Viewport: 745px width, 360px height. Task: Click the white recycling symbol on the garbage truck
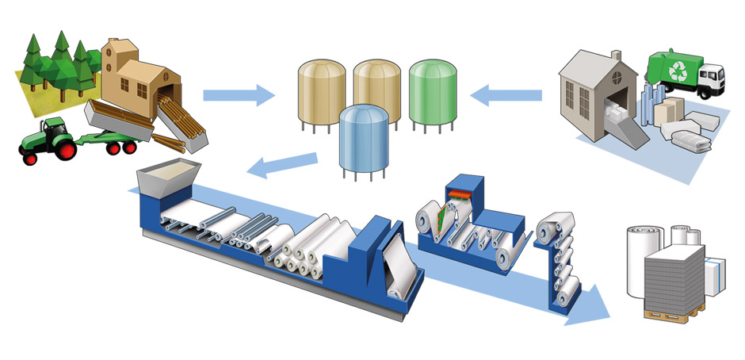(678, 71)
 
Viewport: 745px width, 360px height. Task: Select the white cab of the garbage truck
(710, 78)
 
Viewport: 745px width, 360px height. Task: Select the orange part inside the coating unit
(458, 193)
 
